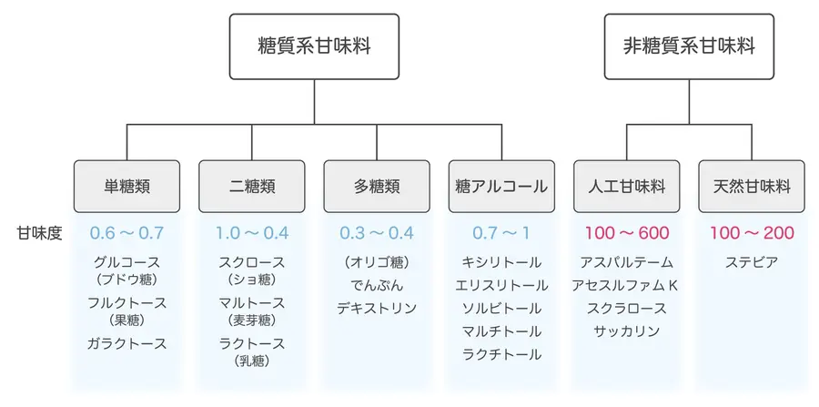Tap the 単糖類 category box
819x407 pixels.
126,187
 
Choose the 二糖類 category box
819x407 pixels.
252,187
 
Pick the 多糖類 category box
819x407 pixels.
377,187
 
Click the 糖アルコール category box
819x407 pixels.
501,187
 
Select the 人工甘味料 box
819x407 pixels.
626,187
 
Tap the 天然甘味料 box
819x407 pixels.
752,187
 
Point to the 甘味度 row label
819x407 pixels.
39,233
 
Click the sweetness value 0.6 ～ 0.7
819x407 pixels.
126,233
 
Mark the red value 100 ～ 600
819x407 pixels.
626,233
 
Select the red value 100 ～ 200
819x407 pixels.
752,233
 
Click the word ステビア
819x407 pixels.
752,263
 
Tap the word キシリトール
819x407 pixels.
501,263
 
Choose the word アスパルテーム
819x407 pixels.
626,263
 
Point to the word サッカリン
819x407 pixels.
626,331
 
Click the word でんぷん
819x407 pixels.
377,286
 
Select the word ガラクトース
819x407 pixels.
126,343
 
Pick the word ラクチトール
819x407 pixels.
501,354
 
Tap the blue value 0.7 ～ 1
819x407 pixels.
501,233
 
